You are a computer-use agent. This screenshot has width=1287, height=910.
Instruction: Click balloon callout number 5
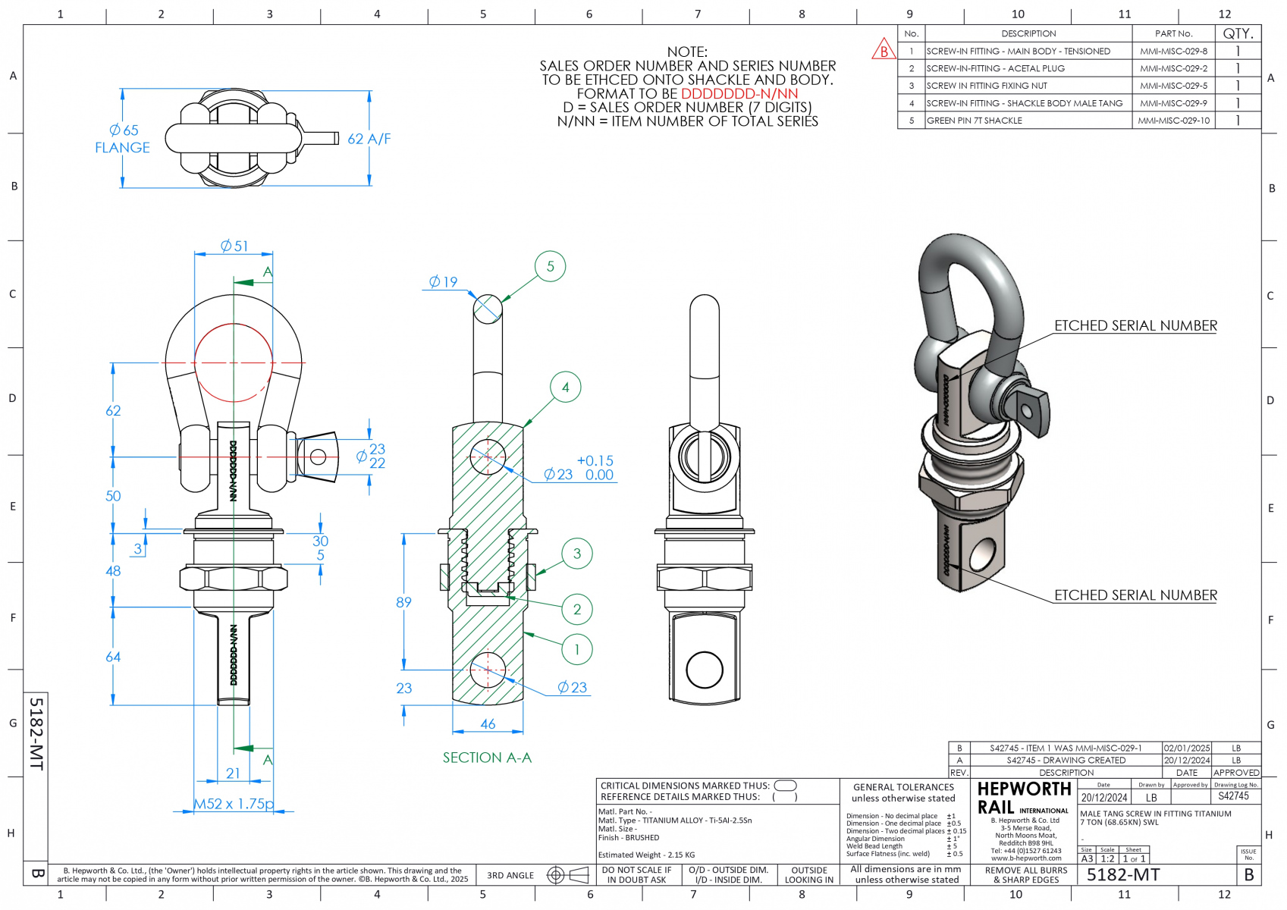[550, 266]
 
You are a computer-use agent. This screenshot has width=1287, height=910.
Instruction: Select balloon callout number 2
[576, 609]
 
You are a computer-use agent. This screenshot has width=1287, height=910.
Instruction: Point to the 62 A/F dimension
[369, 139]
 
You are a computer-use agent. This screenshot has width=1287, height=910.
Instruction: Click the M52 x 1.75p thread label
[234, 804]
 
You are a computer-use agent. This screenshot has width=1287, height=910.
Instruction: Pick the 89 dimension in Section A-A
[403, 602]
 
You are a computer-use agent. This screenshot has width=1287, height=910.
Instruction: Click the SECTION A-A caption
[487, 758]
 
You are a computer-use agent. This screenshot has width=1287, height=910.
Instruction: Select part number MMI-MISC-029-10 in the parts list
[1173, 121]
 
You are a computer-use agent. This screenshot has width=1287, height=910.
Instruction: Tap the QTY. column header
[1238, 33]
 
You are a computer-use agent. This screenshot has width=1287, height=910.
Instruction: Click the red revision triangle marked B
[884, 51]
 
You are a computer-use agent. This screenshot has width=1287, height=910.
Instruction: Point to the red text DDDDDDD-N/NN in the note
[739, 93]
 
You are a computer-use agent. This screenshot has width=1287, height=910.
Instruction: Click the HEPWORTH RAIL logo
[1023, 798]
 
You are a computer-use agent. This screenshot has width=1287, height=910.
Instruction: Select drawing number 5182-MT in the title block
[1123, 875]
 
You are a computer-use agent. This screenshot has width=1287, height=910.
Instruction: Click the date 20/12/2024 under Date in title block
[1104, 798]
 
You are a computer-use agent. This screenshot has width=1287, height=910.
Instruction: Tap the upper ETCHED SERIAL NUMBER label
[1135, 325]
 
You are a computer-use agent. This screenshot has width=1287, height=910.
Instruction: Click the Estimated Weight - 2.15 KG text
[646, 855]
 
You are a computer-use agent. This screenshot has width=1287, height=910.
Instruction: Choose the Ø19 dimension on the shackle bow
[444, 282]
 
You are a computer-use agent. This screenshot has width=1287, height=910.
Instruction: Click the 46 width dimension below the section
[488, 724]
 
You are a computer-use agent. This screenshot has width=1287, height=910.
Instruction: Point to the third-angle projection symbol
[568, 875]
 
